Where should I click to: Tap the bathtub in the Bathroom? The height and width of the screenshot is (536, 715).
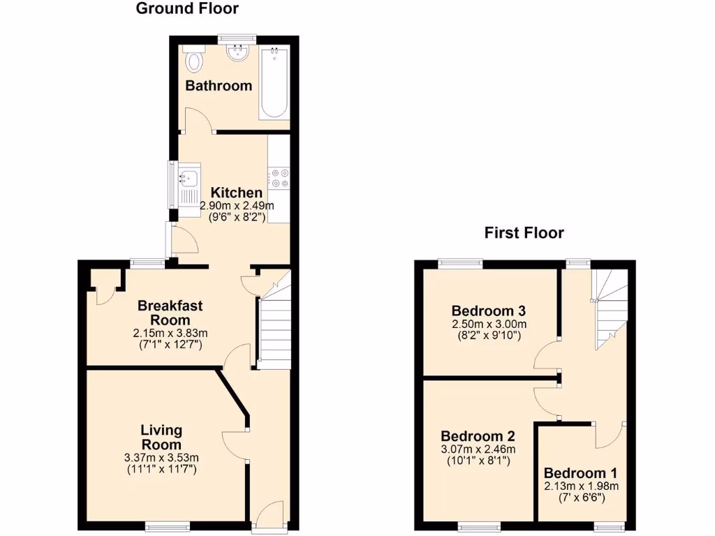point(274,82)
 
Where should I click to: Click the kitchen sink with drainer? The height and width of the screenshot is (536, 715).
point(189,184)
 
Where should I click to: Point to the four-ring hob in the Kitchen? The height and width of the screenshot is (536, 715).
point(280,178)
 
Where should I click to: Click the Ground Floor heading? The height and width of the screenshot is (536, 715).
point(186,9)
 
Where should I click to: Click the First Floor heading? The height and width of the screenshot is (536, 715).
point(524,233)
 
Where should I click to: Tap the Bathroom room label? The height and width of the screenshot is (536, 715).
point(218,86)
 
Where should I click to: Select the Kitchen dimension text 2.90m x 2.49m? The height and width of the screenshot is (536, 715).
point(237,206)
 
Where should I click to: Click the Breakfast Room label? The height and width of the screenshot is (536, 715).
point(170,312)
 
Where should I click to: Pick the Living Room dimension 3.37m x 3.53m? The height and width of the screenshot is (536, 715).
point(161,458)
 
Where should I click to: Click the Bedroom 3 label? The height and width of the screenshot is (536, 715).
point(488,311)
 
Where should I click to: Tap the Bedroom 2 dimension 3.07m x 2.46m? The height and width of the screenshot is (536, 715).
point(478,449)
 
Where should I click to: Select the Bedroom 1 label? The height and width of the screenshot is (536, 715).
point(580,472)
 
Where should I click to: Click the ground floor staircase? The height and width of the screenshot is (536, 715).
point(274,328)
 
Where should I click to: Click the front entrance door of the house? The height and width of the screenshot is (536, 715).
point(269,518)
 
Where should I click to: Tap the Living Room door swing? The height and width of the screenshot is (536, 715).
point(236,445)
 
